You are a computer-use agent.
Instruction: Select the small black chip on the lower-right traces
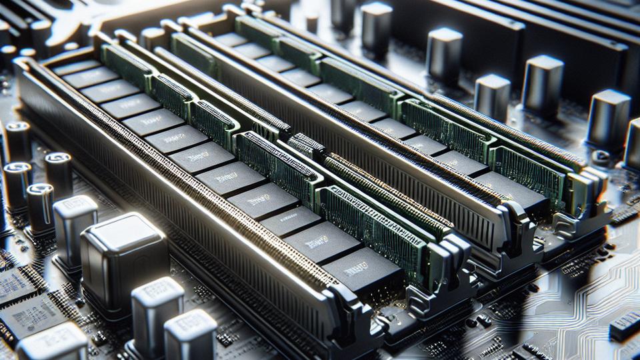(623, 327)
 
